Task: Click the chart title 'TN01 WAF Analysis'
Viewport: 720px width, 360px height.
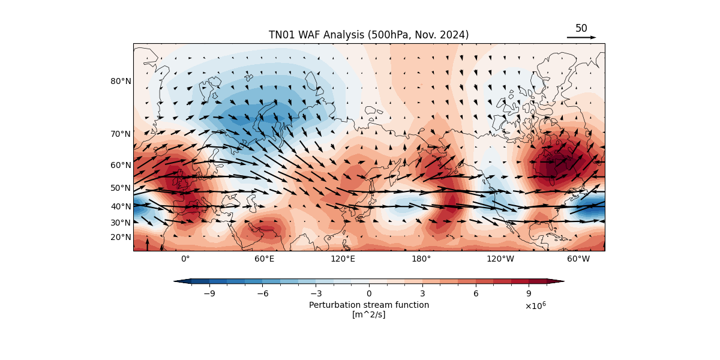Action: (368, 35)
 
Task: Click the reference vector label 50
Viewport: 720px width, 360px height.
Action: (581, 28)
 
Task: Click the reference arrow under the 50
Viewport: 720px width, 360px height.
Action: (581, 37)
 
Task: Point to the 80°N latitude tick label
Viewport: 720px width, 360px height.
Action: (120, 81)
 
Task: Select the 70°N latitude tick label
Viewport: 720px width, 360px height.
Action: (120, 134)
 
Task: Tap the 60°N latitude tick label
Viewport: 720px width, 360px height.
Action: (120, 165)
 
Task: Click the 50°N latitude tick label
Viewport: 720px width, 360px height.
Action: (120, 188)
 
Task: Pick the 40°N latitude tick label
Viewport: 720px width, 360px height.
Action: (120, 206)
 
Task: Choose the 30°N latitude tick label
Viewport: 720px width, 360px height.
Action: (120, 223)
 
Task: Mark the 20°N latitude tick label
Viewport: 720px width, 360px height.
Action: (120, 237)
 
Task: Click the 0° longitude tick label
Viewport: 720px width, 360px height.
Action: (185, 259)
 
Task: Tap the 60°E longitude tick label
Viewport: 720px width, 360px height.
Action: (264, 259)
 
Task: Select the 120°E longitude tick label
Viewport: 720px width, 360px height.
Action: (343, 259)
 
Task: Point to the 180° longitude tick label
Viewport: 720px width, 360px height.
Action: (421, 259)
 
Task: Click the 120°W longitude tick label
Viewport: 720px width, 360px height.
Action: (500, 259)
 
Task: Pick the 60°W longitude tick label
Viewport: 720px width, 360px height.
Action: (578, 259)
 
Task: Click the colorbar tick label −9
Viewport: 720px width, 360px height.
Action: (209, 293)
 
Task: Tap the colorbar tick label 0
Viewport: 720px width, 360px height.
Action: (369, 293)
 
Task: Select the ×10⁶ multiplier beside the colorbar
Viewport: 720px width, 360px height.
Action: (535, 305)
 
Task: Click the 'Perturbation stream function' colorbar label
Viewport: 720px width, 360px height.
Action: (369, 305)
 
